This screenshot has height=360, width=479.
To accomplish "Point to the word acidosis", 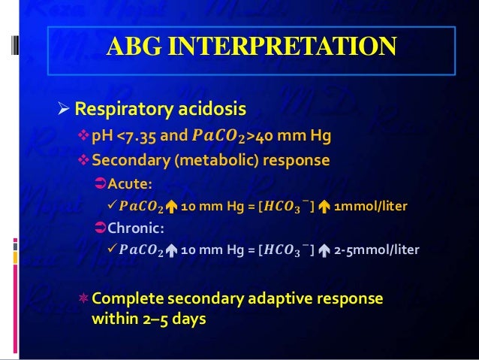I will point(212,111).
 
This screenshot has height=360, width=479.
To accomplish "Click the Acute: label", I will point(129,185).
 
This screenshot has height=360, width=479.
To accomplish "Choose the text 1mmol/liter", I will point(372,206).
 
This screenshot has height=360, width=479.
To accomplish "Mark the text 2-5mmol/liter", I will point(377,249).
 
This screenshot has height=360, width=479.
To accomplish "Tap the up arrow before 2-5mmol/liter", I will point(321,249).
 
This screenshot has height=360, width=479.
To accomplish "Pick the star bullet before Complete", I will point(84,299).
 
